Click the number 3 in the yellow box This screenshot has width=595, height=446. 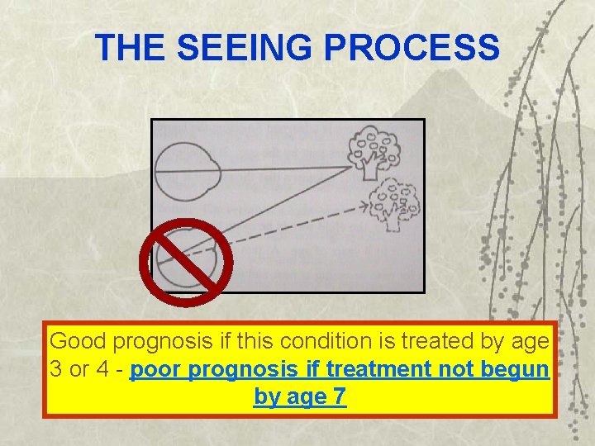(56, 369)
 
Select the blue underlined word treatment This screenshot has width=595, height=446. (393, 369)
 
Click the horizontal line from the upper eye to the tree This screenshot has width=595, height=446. (281, 169)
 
